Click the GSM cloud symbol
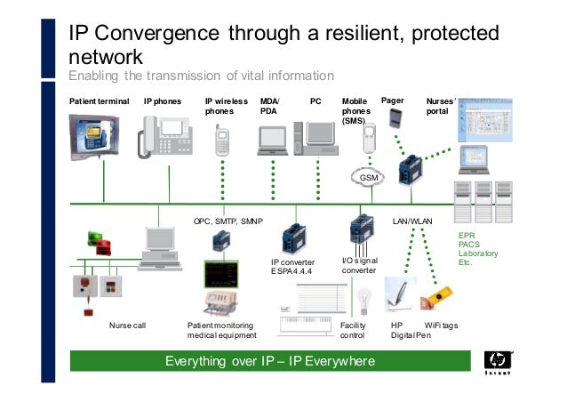(x=368, y=179)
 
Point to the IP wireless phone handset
(x=221, y=142)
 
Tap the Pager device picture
(x=396, y=118)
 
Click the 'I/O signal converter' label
(x=360, y=265)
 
